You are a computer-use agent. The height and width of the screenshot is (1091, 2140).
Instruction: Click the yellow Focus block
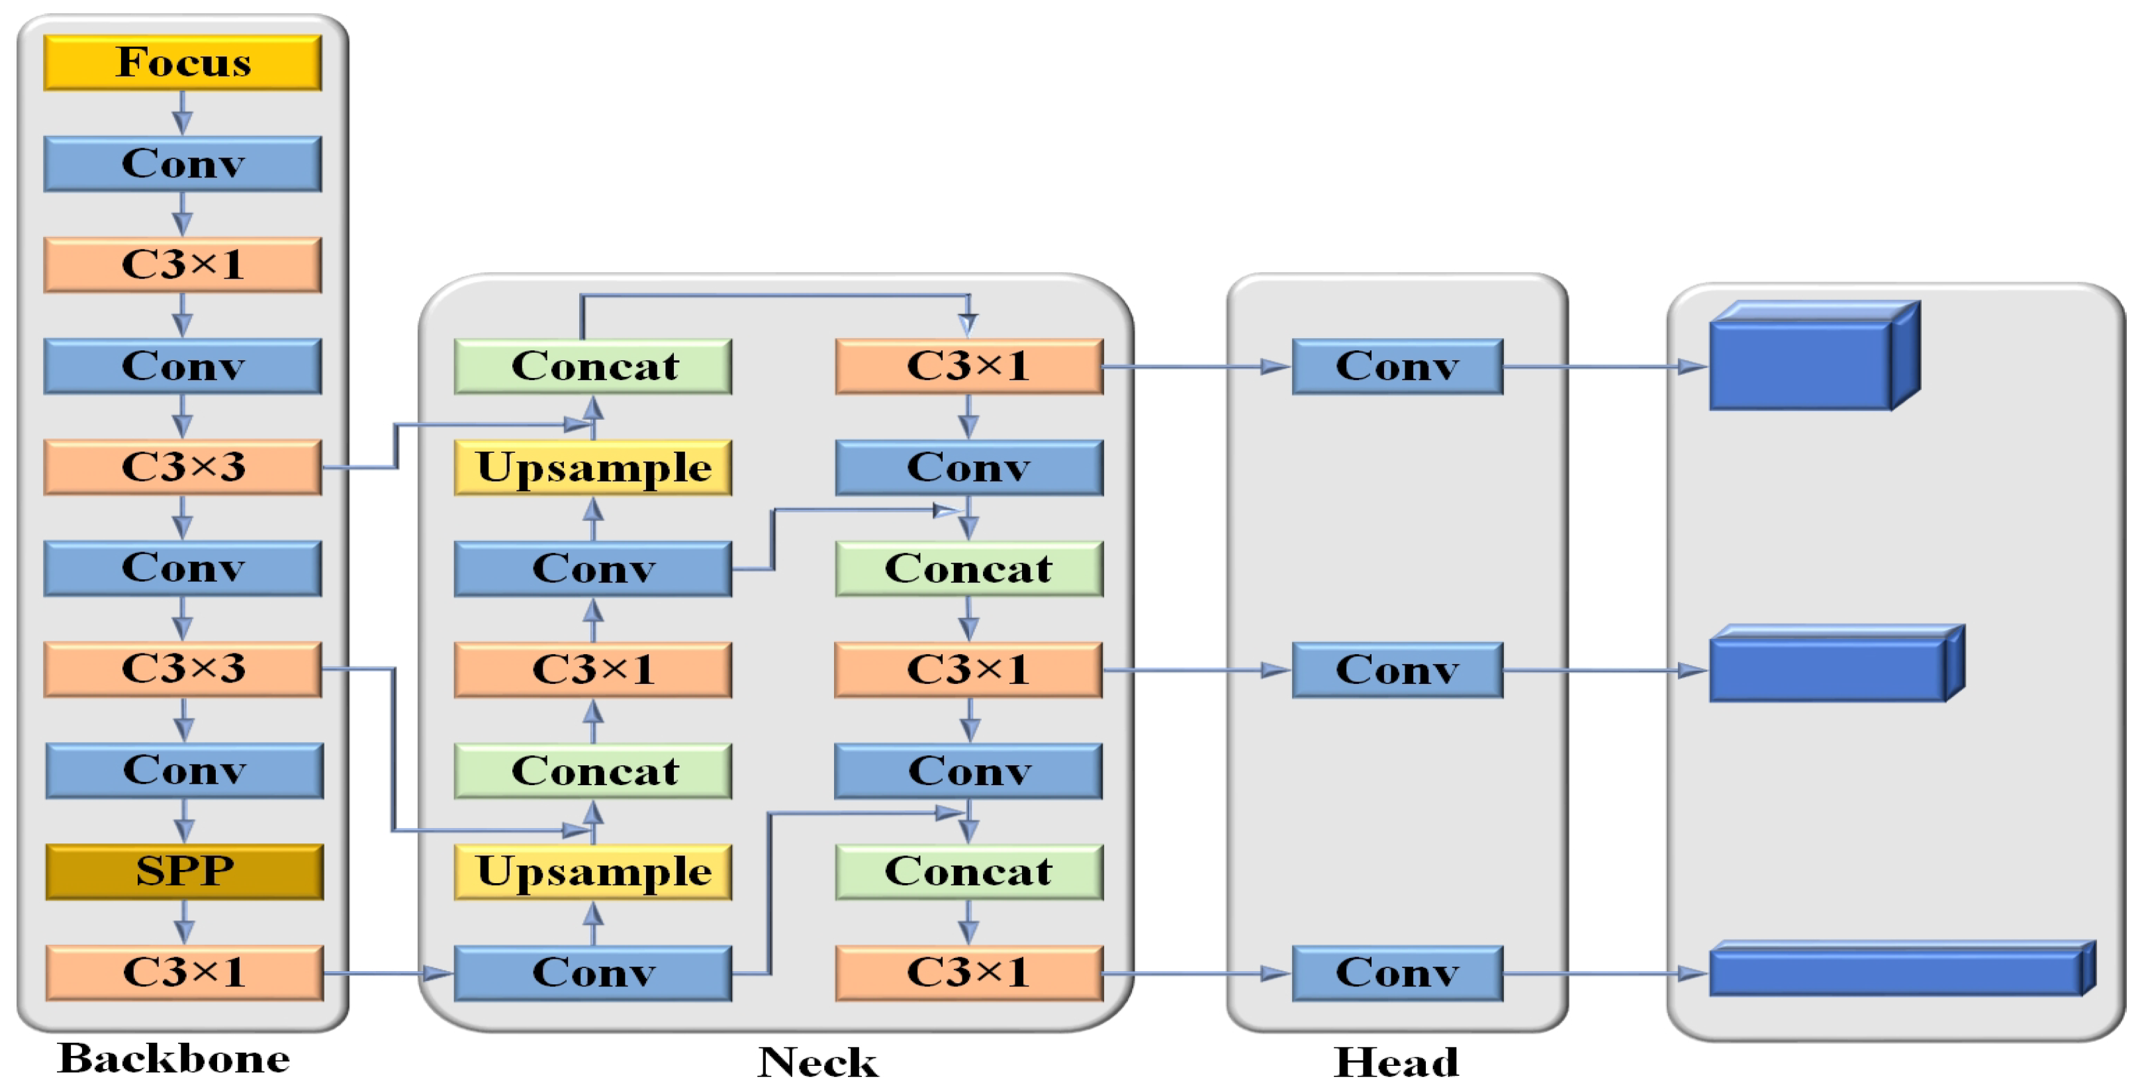(183, 62)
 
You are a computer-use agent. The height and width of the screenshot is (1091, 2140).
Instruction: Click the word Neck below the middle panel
(817, 1062)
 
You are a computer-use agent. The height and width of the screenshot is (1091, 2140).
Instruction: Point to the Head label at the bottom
(1395, 1062)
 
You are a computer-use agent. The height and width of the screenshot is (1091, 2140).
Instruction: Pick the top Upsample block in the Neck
(593, 467)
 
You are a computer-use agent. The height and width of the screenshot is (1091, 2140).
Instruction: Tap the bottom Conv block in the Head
(1397, 972)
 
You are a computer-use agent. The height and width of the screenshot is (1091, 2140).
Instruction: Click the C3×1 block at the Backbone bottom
(185, 972)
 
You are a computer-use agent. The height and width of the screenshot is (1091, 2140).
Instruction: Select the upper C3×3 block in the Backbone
(183, 467)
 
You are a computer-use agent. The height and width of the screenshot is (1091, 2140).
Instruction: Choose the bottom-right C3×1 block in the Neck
(968, 972)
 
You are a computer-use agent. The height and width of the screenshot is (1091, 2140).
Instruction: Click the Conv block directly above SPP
(185, 771)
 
